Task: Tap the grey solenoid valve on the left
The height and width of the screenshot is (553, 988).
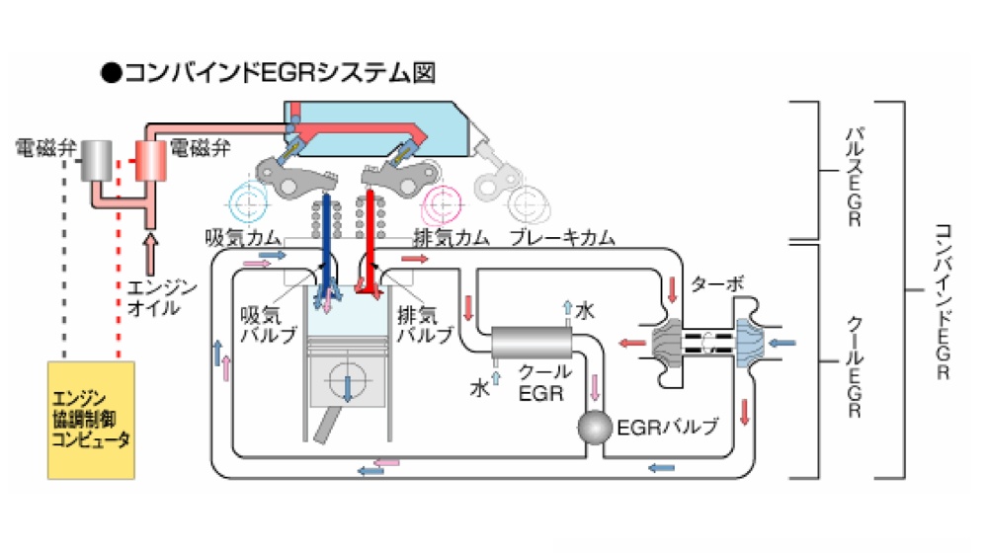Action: [98, 162]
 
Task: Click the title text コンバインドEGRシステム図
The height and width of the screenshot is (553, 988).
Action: [268, 73]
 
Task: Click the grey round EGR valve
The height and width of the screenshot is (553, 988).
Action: [595, 429]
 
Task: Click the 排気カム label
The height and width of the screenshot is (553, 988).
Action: [451, 238]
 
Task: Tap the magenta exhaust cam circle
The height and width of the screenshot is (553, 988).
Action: [442, 201]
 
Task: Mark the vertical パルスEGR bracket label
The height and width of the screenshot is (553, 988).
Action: [853, 173]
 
